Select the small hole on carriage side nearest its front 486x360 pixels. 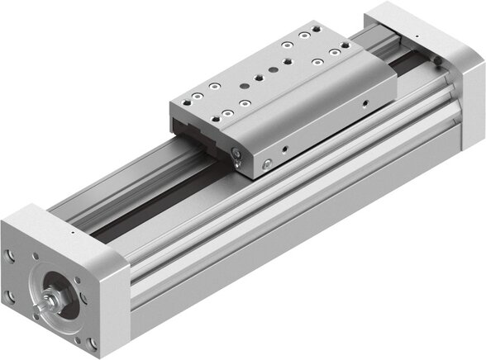point(283,149)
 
